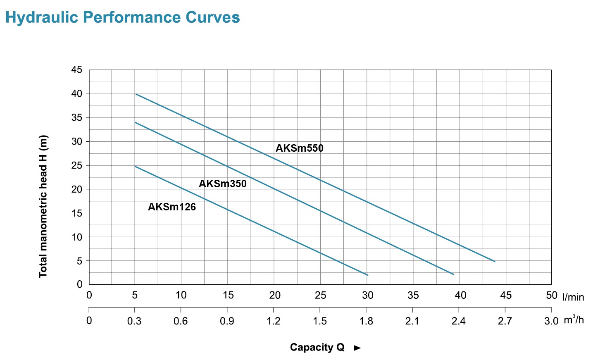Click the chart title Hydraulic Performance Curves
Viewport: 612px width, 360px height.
[122, 17]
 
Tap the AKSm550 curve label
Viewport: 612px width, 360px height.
[300, 148]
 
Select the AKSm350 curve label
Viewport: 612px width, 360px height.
[223, 184]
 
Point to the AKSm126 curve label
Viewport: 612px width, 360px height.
[172, 207]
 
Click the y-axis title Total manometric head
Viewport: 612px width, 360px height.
[43, 206]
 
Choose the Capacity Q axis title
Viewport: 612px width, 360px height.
[317, 347]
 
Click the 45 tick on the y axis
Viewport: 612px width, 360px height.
[77, 70]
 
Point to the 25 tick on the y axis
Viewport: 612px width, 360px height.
[77, 165]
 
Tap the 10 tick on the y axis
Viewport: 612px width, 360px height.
[77, 237]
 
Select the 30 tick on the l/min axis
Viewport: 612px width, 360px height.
[367, 295]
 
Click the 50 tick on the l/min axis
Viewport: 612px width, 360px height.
[552, 295]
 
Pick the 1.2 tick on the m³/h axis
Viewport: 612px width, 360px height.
[274, 321]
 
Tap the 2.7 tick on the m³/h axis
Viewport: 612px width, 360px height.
[505, 321]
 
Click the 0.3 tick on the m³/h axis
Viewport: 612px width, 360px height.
[134, 321]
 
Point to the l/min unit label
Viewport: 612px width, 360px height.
[573, 297]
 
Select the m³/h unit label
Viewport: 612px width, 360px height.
[574, 320]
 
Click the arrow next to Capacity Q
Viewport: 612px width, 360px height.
[357, 348]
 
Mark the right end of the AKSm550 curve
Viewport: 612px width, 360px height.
[495, 261]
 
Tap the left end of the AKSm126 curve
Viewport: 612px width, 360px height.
[135, 167]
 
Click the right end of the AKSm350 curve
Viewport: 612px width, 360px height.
[453, 274]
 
